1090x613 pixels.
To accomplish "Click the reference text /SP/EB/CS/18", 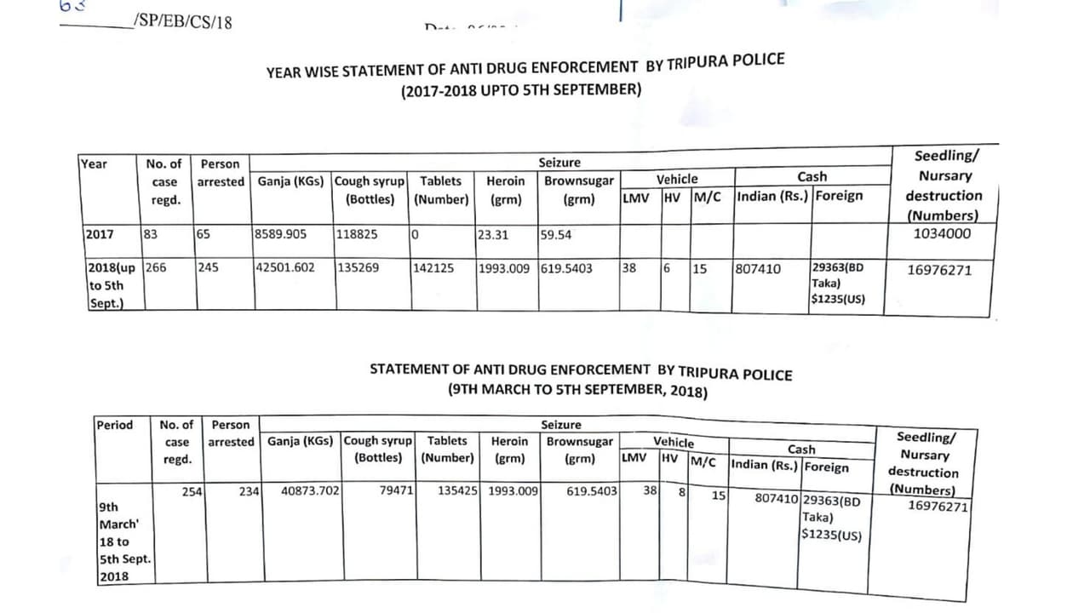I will (182, 22).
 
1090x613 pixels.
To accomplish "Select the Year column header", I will (94, 163).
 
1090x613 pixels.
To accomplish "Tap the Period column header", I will (114, 425).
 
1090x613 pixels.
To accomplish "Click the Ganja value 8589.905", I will (280, 234).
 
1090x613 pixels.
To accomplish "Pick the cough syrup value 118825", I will (357, 234).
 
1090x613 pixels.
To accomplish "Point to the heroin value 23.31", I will (492, 235).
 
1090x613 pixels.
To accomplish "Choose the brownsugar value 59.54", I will (554, 235).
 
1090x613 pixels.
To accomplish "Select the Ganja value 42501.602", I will (284, 267).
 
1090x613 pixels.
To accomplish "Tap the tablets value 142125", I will (433, 268).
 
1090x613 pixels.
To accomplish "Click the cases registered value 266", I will (157, 267).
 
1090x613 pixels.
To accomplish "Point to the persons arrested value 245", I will (208, 267).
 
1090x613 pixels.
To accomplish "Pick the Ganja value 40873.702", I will (310, 490).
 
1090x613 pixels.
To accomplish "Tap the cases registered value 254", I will (192, 490).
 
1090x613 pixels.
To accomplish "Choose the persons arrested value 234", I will (249, 490).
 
